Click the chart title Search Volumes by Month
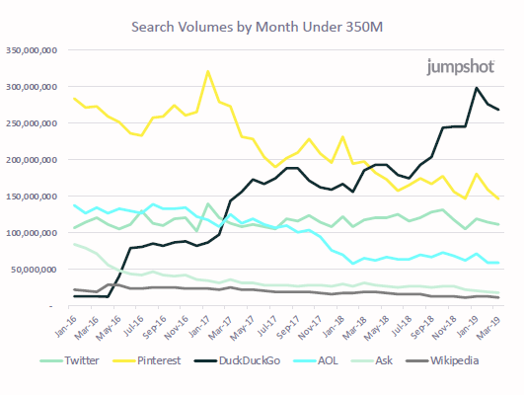262,24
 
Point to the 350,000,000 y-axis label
33,50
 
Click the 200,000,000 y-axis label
33,160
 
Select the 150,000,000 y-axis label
33,197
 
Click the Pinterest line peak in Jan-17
208,71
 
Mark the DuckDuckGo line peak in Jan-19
478,88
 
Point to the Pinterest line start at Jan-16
75,98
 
